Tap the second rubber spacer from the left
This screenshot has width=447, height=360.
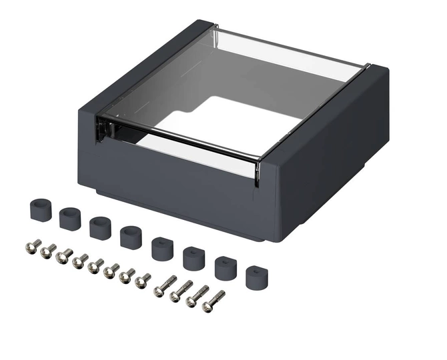click(69, 218)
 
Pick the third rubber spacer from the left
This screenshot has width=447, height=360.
click(100, 227)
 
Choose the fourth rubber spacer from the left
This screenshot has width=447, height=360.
click(131, 237)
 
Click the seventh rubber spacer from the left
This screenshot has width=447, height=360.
click(226, 267)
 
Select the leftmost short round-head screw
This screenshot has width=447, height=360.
click(33, 246)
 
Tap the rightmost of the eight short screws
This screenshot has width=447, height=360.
click(142, 281)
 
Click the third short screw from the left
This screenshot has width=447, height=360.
click(64, 256)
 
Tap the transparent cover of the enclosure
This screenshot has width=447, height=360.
click(200, 73)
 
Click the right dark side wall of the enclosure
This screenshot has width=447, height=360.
click(334, 153)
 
